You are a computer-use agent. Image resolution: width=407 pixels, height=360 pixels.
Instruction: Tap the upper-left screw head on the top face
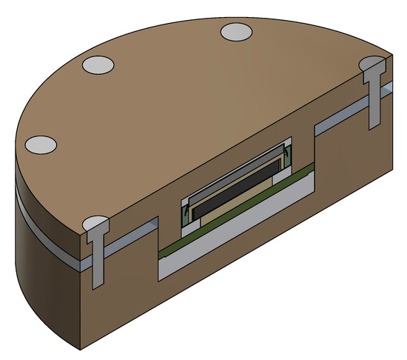(x=98, y=65)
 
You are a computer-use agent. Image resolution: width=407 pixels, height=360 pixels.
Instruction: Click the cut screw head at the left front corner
(x=95, y=224)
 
